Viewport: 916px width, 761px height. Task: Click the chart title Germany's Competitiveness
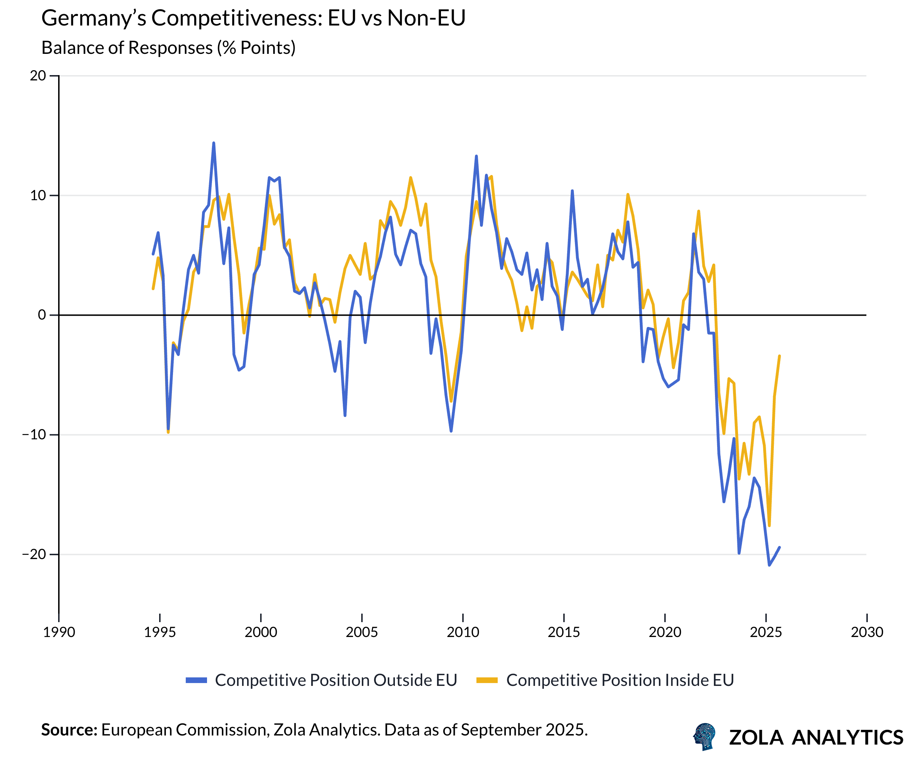click(x=253, y=18)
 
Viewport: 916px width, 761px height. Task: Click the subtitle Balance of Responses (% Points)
click(x=168, y=47)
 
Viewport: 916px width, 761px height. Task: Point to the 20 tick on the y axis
click(x=38, y=76)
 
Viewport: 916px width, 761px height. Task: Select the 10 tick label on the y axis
click(x=38, y=195)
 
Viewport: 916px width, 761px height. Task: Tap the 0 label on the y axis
click(x=42, y=315)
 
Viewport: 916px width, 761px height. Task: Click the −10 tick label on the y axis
click(x=34, y=435)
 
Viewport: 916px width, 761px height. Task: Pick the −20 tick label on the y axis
click(x=34, y=554)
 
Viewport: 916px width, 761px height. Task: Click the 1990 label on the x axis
click(x=59, y=632)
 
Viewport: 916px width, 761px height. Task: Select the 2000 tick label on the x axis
click(x=261, y=632)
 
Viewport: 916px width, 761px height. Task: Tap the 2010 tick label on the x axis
click(x=463, y=632)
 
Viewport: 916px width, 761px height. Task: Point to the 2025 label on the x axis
click(x=766, y=632)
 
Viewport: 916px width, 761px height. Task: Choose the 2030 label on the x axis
click(x=867, y=632)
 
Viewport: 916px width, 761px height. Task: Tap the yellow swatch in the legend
click(x=487, y=680)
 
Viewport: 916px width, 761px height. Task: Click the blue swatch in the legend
click(x=196, y=680)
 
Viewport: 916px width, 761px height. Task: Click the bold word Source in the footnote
click(x=69, y=729)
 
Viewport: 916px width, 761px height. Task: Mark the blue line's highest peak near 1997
click(x=214, y=143)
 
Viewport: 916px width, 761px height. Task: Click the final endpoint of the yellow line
click(x=780, y=356)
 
